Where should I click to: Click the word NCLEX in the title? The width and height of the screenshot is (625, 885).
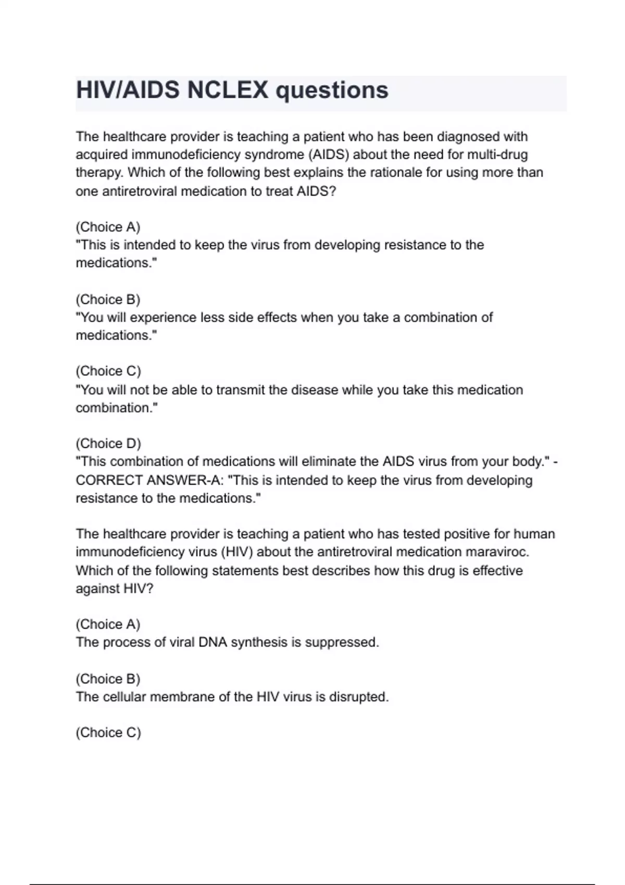coord(228,90)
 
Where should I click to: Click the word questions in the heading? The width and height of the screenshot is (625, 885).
coord(332,91)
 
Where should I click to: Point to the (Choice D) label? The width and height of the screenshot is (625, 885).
coord(108,443)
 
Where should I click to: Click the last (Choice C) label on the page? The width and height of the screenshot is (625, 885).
coord(108,732)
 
